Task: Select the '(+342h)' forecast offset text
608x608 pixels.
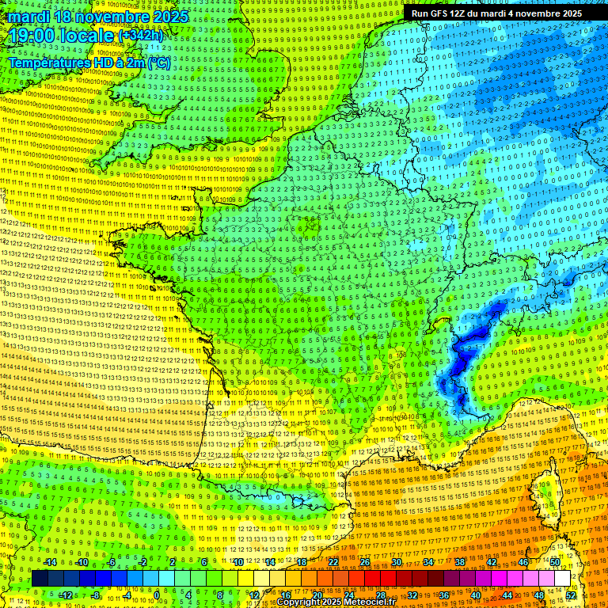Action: (141, 36)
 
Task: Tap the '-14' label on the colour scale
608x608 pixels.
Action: (51, 562)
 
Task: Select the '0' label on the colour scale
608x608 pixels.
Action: (157, 595)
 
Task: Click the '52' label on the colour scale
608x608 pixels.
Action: (571, 595)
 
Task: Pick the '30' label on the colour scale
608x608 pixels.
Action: (396, 562)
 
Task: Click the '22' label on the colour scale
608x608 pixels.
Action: (333, 562)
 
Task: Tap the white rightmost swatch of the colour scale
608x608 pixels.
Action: (562, 579)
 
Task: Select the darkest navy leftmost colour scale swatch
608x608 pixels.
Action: (40, 579)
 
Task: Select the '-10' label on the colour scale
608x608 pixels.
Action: (83, 562)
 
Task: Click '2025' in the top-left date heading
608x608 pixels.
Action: (171, 17)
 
